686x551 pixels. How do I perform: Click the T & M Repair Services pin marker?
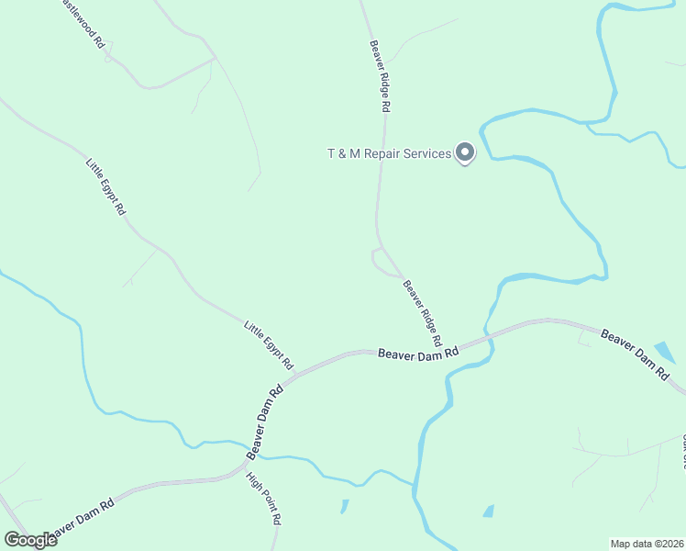click(465, 153)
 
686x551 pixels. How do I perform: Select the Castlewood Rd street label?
click(83, 24)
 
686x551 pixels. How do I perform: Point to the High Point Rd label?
click(263, 498)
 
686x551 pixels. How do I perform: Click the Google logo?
click(30, 540)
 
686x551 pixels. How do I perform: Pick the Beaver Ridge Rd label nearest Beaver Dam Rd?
click(423, 313)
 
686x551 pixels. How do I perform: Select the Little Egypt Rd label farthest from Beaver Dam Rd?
click(106, 186)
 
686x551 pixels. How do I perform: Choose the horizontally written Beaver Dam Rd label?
click(418, 353)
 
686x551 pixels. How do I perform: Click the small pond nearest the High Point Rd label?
click(345, 506)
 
